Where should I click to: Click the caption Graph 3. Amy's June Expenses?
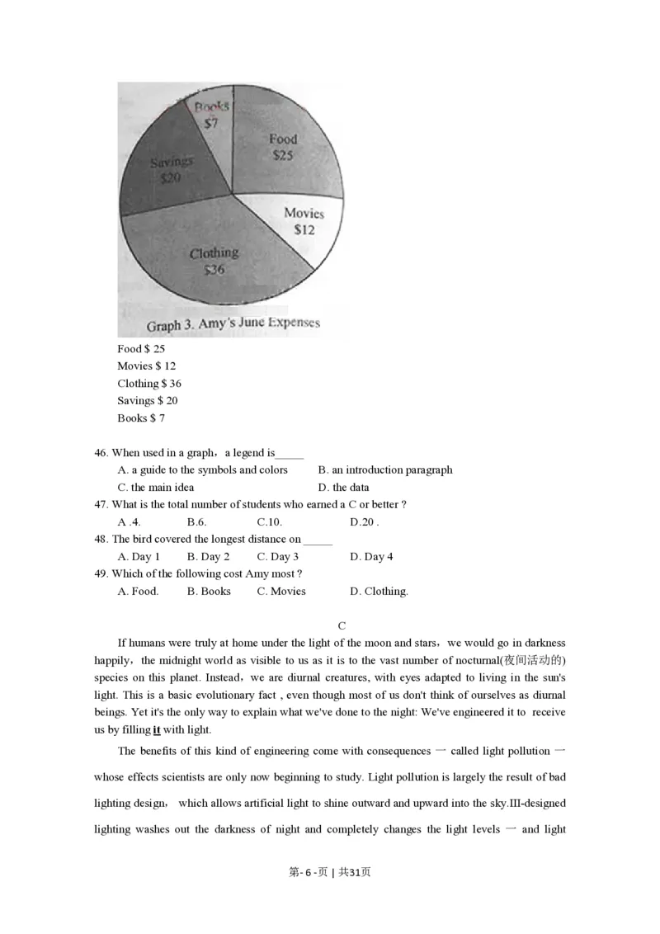pyautogui.click(x=233, y=323)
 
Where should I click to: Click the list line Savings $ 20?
pyautogui.click(x=148, y=401)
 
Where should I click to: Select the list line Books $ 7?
pyautogui.click(x=141, y=418)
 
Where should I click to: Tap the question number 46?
pyautogui.click(x=101, y=453)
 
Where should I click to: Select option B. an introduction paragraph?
pyautogui.click(x=385, y=470)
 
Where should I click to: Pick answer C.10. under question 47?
pyautogui.click(x=270, y=522)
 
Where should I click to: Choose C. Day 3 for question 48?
pyautogui.click(x=277, y=557)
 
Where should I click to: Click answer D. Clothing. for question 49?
pyautogui.click(x=379, y=592)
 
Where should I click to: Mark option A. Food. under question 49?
pyautogui.click(x=138, y=592)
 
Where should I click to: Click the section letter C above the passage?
pyautogui.click(x=342, y=626)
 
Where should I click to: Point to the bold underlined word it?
pyautogui.click(x=157, y=730)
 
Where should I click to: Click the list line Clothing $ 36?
pyautogui.click(x=149, y=384)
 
